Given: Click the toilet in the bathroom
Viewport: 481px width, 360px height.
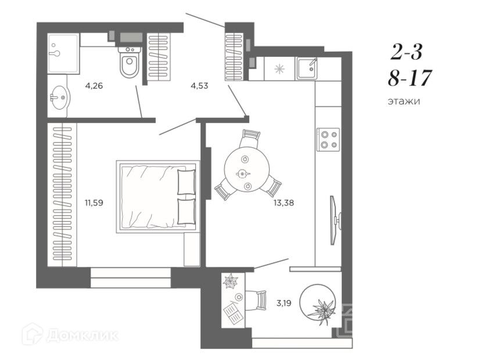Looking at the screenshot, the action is tap(129, 62).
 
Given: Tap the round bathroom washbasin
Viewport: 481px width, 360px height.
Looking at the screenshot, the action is tap(60, 98).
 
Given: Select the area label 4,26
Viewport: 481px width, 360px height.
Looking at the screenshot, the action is tap(94, 86).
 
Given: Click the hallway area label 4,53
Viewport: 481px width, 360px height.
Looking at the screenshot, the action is tap(199, 86).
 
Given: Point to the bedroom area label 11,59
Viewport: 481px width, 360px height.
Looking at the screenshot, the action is tap(94, 203).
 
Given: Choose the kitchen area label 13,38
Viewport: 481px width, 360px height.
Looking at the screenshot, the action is tap(283, 203).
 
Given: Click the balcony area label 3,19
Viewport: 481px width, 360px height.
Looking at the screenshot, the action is tap(283, 303).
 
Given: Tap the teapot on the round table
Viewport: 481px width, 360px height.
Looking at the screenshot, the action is tap(243, 174).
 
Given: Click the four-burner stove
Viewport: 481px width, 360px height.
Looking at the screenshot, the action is tap(328, 139).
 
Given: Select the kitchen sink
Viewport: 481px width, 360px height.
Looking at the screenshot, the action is tap(307, 68).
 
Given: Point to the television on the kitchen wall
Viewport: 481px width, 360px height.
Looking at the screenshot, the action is tap(335, 220).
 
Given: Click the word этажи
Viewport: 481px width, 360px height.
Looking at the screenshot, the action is tap(404, 101).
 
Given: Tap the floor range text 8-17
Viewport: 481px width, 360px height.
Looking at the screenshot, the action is tap(410, 78).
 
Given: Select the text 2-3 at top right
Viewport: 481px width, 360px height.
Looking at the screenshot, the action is tap(407, 52).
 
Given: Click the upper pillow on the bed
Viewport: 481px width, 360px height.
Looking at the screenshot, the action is tap(186, 182).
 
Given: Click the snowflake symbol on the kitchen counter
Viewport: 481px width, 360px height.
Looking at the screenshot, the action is tap(279, 69).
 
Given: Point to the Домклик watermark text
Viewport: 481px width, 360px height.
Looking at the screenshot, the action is tap(82, 335).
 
